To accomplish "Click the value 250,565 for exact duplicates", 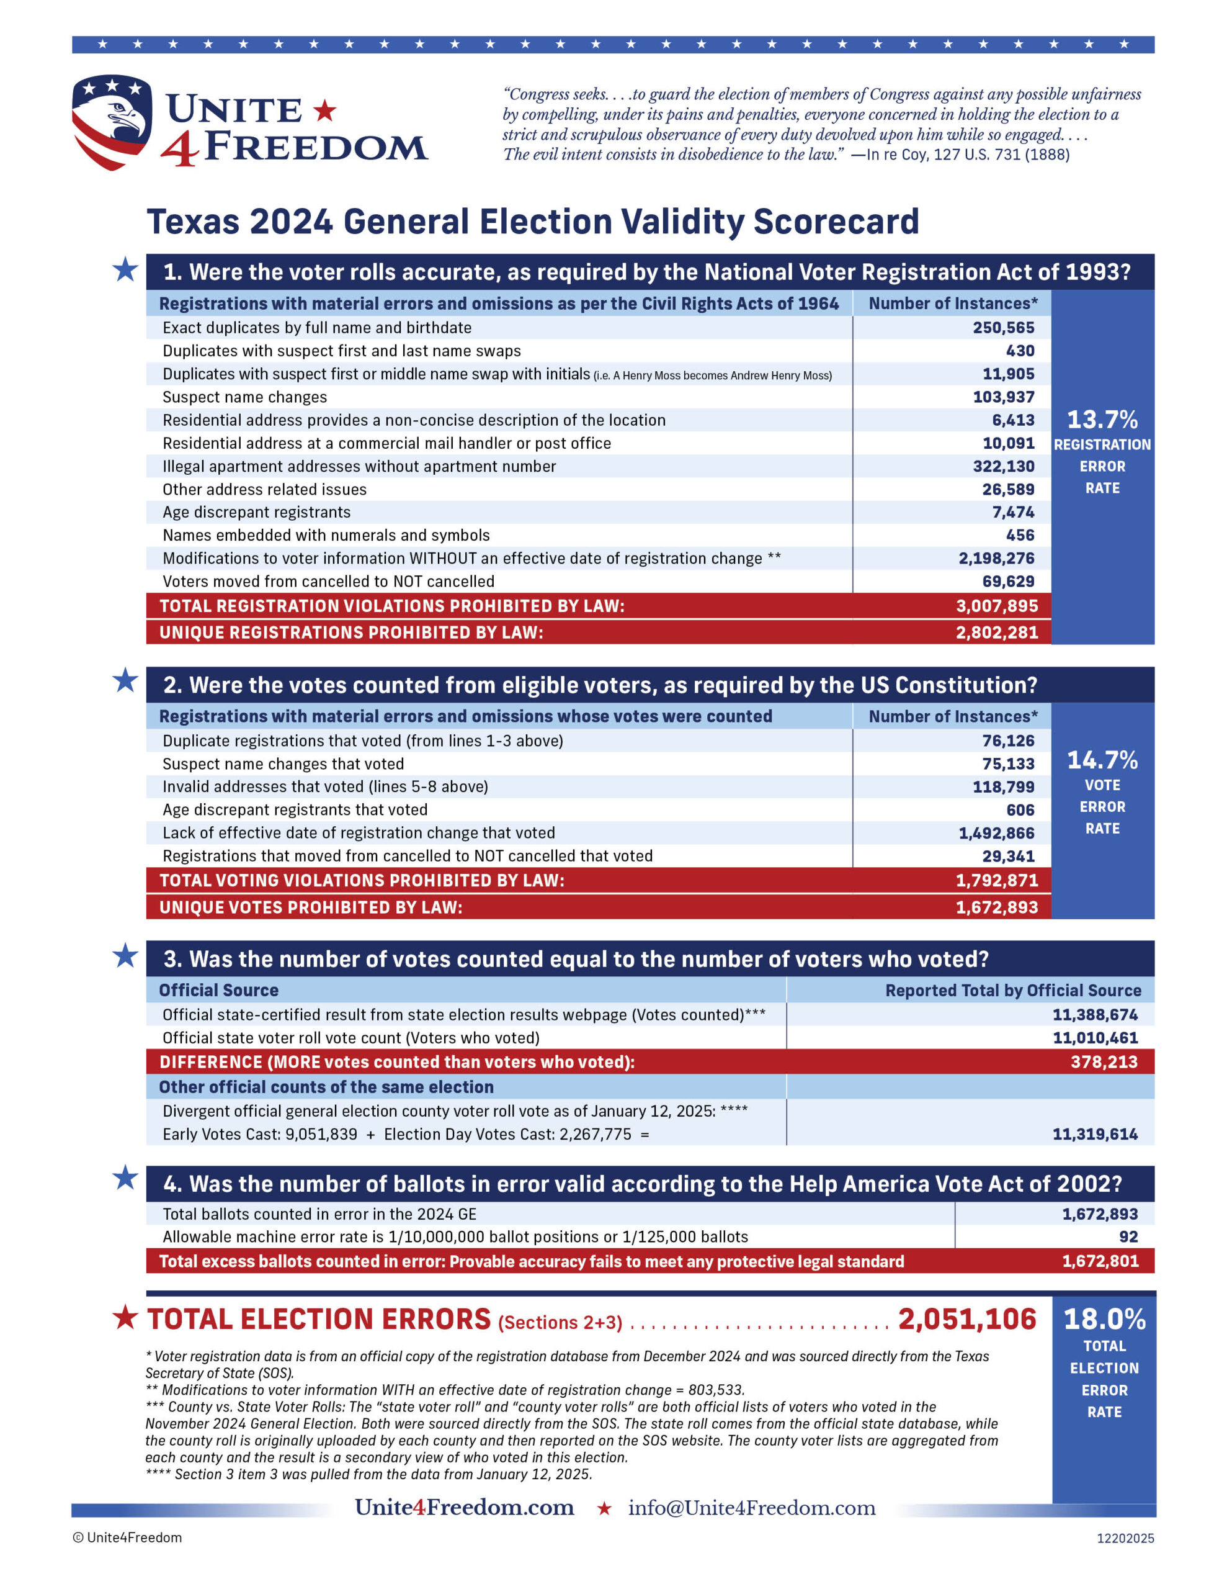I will pos(1003,327).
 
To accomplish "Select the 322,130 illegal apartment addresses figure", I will pos(1003,466).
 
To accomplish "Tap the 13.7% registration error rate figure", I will pos(1102,420).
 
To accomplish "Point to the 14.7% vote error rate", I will pos(1102,760).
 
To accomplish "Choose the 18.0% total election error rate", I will pos(1104,1320).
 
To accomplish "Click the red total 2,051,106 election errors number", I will pos(966,1320).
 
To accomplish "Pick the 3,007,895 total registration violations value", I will pos(996,606).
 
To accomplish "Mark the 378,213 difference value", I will pos(1104,1061).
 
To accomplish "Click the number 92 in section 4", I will pos(1128,1237).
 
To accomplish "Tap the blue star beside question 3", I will pos(125,956).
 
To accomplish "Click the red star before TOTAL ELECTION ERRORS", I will pos(125,1318).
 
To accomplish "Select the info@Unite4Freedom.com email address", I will pos(751,1508).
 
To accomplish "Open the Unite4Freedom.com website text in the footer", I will pos(464,1508).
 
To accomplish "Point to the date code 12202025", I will pos(1125,1538).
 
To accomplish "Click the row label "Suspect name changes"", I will pos(244,397).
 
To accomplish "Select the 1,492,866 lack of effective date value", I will pos(996,833).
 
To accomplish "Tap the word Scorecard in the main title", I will pos(836,222).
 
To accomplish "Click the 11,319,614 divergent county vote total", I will pos(1095,1133).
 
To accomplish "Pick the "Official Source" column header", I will pos(219,990).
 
